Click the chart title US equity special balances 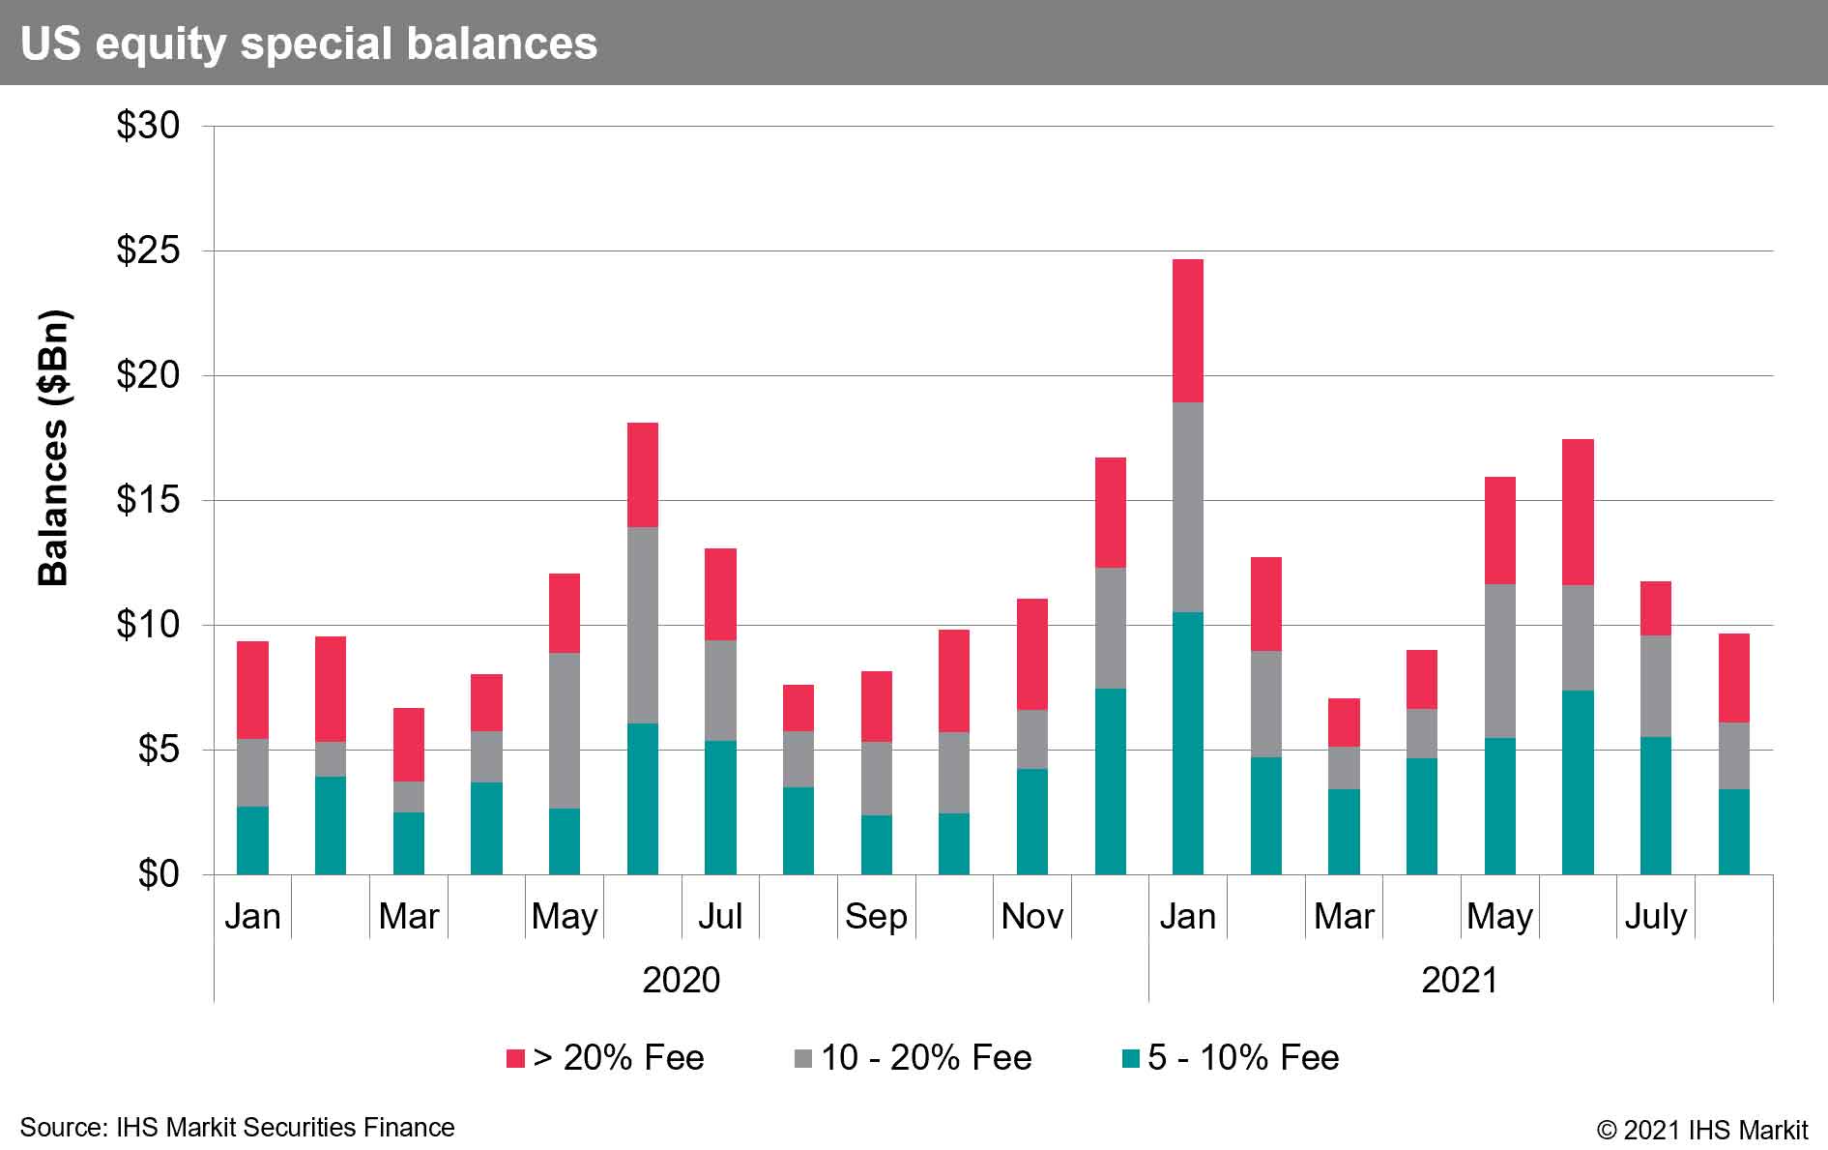(308, 44)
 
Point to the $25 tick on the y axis (148, 251)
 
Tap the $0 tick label (159, 874)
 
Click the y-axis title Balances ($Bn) (53, 448)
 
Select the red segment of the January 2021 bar (1187, 331)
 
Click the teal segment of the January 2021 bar (1187, 743)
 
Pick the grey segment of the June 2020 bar (642, 625)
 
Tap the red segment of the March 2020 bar (408, 744)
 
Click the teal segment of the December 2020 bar (1110, 781)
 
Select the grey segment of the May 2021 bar (1499, 661)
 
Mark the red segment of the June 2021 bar (1577, 512)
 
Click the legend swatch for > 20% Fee (515, 1058)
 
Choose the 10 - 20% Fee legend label (926, 1058)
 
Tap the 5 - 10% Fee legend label (1243, 1058)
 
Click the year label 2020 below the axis (681, 980)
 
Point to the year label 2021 (1459, 980)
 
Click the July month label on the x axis (1655, 915)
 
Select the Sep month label (876, 915)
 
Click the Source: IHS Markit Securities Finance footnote (237, 1128)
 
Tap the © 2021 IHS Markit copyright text (1701, 1130)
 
